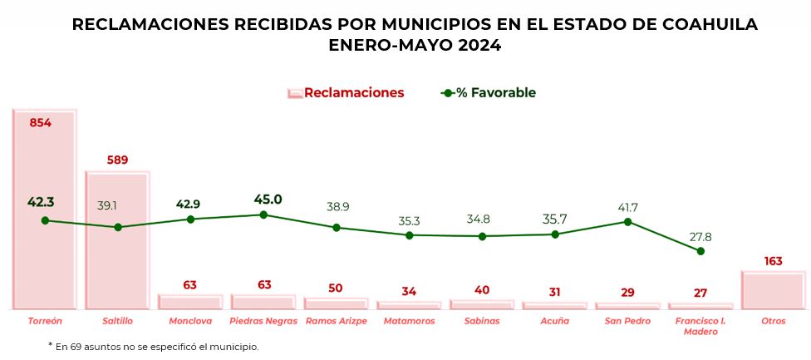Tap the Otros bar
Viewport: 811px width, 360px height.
tap(773, 290)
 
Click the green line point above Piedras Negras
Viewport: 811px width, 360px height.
tap(263, 215)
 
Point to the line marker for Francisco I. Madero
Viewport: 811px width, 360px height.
tap(700, 251)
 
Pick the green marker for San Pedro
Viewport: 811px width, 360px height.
tap(627, 222)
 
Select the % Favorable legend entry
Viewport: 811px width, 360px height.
tap(489, 93)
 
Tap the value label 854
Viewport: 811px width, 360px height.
tap(40, 123)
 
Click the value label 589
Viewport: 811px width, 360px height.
tap(117, 160)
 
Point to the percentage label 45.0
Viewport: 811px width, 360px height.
tap(268, 200)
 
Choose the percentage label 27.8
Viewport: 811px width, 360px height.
tap(700, 237)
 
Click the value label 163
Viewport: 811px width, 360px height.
tap(773, 261)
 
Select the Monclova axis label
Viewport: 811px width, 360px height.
tap(190, 320)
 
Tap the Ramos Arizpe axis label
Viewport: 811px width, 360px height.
tap(336, 320)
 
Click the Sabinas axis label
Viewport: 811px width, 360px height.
tap(482, 320)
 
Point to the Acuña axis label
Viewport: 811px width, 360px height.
tap(554, 320)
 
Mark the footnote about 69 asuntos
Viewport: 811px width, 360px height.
tap(153, 346)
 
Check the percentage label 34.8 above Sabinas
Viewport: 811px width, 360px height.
tap(482, 221)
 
